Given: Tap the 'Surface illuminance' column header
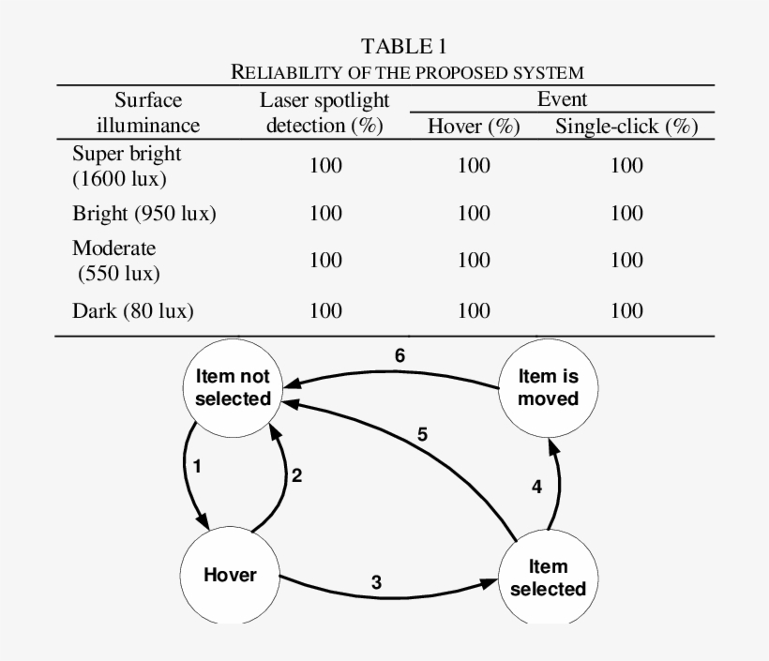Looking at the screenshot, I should point(148,113).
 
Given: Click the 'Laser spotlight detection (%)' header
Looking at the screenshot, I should point(324,113).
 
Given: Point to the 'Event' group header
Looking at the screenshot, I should point(562,98).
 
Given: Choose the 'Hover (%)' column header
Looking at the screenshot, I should point(474,127).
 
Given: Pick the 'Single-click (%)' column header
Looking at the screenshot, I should point(626,127).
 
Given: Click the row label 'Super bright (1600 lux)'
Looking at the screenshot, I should point(127,164).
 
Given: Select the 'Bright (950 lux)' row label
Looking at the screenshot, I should point(144,213).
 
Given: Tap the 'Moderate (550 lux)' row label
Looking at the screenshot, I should point(115,262).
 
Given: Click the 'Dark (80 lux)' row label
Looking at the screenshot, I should point(133,310).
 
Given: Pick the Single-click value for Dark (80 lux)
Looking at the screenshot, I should point(626,310).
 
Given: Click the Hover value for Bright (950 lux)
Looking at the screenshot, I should point(474,213).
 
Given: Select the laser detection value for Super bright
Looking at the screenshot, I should point(325,165).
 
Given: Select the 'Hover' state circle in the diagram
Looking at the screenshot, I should point(230,574).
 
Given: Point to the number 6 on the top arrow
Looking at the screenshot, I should point(400,356).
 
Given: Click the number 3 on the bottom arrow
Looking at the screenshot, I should point(376,581).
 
